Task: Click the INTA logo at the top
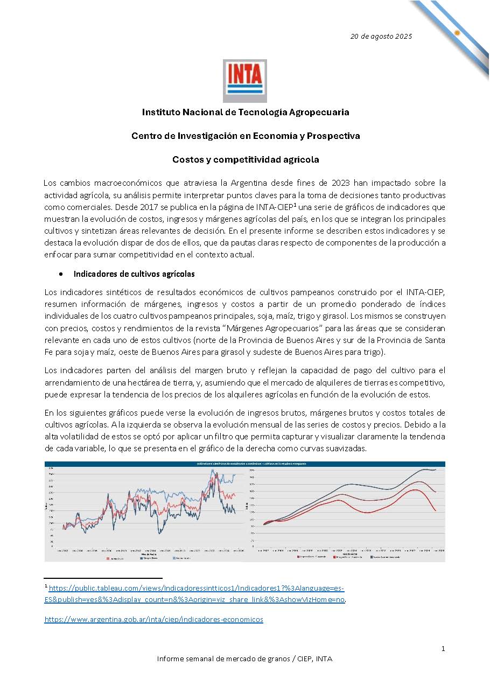pyautogui.click(x=244, y=81)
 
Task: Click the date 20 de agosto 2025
pyautogui.click(x=381, y=37)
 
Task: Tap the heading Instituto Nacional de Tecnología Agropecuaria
pyautogui.click(x=246, y=112)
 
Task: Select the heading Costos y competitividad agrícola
pyautogui.click(x=246, y=159)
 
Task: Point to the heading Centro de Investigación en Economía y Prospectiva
pyautogui.click(x=246, y=136)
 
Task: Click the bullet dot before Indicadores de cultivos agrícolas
pyautogui.click(x=61, y=274)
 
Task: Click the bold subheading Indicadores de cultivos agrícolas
pyautogui.click(x=134, y=274)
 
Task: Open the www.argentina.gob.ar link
pyautogui.click(x=153, y=620)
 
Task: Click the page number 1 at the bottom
pyautogui.click(x=443, y=649)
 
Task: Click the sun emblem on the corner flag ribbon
pyautogui.click(x=457, y=33)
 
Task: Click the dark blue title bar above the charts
pyautogui.click(x=245, y=463)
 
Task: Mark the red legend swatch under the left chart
pyautogui.click(x=108, y=559)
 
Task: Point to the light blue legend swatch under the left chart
pyautogui.click(x=174, y=559)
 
